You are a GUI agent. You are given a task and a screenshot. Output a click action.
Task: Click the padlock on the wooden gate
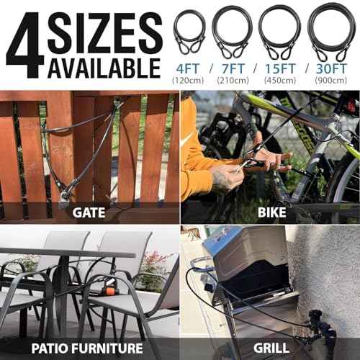tap(66, 192)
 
